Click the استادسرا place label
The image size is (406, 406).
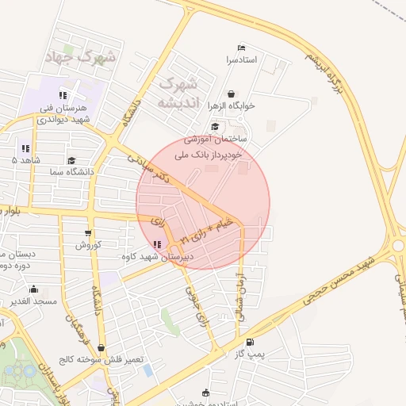(x=242, y=59)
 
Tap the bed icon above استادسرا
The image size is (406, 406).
(x=242, y=48)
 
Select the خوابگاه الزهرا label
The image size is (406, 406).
(x=231, y=105)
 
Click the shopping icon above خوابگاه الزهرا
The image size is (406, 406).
(x=231, y=94)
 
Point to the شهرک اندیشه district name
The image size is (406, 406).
(x=177, y=94)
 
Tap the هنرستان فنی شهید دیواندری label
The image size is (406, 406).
(x=71, y=113)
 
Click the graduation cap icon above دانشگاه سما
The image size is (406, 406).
(x=72, y=159)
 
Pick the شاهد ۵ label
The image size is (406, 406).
(x=25, y=159)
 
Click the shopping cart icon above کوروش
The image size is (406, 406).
(x=87, y=234)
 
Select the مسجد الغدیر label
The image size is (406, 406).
(x=35, y=301)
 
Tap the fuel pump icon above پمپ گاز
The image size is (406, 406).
(x=251, y=341)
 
